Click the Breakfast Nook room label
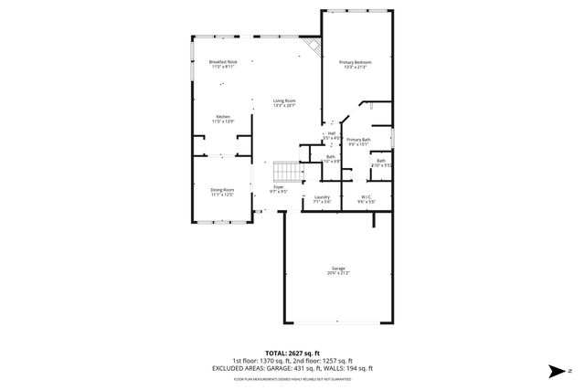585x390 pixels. pos(222,61)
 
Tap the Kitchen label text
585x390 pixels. pos(223,116)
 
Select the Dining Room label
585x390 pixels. pos(223,189)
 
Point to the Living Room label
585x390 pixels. pos(284,100)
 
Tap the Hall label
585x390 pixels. pos(331,133)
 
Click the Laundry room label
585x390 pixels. pos(322,196)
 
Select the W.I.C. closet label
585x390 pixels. pos(365,196)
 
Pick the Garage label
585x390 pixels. pos(337,268)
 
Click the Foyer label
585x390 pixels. pos(279,187)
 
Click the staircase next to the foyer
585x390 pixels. pos(288,171)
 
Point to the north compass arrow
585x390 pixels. pos(557,370)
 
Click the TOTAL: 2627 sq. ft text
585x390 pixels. pos(292,353)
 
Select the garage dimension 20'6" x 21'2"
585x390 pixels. pos(337,273)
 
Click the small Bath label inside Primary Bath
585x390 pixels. pos(381,161)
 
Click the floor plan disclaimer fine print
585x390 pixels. pos(292,377)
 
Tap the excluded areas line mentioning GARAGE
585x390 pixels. pos(292,367)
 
